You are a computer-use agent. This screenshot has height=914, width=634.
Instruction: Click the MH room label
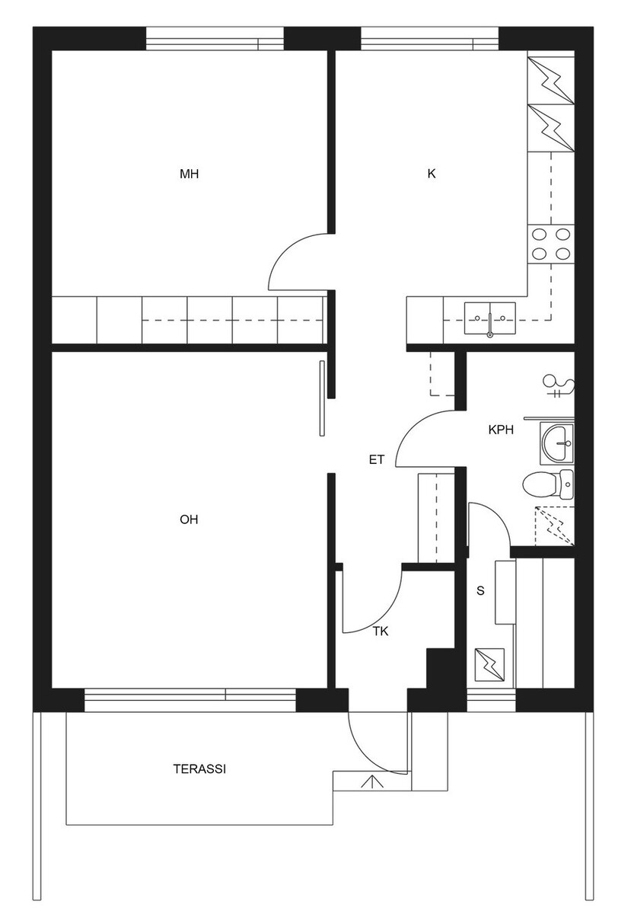190,174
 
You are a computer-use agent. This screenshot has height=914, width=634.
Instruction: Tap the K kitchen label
431,174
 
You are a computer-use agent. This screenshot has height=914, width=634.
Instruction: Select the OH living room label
189,519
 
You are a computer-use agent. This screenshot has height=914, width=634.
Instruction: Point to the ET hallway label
376,460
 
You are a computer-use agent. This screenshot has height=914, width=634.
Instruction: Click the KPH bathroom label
501,430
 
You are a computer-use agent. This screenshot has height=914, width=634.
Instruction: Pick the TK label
381,631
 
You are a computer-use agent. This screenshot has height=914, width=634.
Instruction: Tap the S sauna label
481,590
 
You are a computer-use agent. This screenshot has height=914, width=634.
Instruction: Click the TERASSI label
199,769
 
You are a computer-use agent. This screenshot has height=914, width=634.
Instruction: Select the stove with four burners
551,244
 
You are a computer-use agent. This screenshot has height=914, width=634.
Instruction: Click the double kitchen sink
489,318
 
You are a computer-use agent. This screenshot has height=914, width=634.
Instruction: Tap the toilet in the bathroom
548,484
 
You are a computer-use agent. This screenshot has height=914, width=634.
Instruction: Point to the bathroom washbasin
557,443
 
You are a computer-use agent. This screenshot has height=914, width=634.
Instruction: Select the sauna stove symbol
489,665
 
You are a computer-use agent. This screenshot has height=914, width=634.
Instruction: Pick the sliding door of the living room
322,398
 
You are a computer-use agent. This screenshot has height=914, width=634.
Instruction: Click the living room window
190,701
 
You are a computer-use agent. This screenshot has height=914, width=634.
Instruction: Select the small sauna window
492,701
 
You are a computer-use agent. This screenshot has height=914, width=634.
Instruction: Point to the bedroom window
215,38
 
